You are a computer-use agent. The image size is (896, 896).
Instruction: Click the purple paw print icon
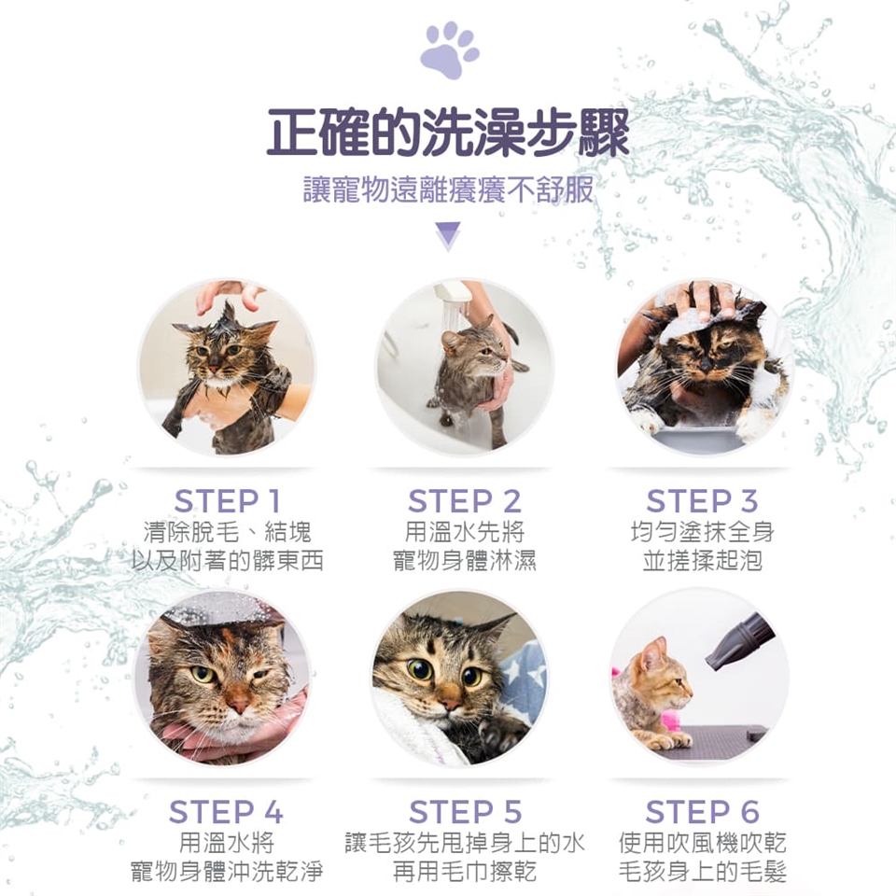tap(449, 50)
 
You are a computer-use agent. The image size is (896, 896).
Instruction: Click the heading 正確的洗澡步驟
tap(448, 133)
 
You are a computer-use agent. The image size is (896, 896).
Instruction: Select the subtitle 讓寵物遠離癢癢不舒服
tap(448, 189)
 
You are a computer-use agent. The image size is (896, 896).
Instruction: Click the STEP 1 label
tap(228, 501)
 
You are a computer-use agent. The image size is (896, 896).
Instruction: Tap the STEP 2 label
tap(465, 501)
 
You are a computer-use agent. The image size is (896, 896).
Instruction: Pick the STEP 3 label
tap(702, 501)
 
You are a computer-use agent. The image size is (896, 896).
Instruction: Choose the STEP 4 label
tap(226, 811)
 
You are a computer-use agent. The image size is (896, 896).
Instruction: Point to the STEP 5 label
tap(465, 811)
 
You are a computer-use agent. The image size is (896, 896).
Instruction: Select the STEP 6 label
tap(702, 811)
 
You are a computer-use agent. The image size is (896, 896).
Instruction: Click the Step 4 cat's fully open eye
tap(203, 674)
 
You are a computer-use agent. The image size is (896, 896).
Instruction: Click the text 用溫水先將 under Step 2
tap(465, 532)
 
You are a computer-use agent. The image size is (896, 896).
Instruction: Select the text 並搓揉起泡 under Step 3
tap(702, 560)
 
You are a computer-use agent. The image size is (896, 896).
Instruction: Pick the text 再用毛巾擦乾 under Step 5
tap(465, 871)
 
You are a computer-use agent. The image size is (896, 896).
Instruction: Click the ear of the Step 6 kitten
tap(655, 651)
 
